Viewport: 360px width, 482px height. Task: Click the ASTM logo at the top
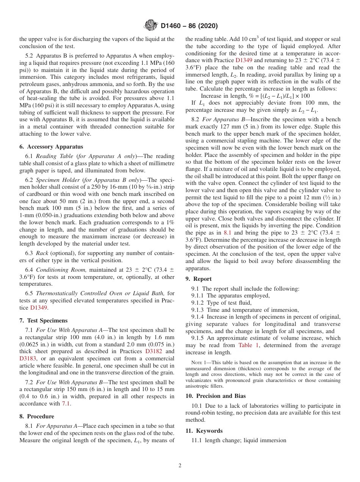pos(151,26)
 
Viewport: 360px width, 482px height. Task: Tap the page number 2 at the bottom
pos(180,466)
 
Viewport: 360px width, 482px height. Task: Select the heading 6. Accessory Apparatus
pos(51,147)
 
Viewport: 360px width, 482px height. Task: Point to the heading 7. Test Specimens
pos(43,321)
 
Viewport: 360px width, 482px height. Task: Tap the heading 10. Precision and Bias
pos(216,396)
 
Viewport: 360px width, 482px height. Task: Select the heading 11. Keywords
pos(204,431)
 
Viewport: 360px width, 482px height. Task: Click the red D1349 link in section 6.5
pos(38,308)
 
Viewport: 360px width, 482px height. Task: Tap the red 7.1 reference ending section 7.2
pos(66,404)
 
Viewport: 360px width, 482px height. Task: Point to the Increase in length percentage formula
pos(255,96)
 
